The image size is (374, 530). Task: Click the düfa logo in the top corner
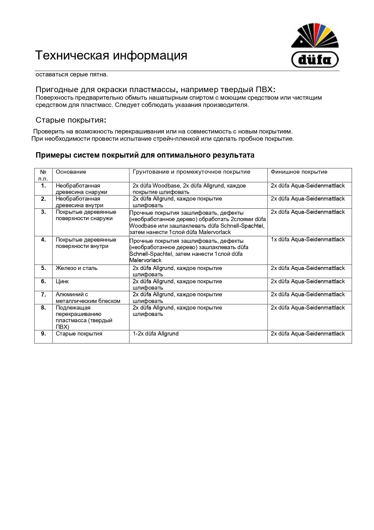(x=315, y=45)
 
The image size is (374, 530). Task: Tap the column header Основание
(x=71, y=172)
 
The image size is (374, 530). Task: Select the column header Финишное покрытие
(x=299, y=172)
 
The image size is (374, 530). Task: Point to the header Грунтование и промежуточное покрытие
(x=192, y=172)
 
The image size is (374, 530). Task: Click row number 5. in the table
(x=43, y=268)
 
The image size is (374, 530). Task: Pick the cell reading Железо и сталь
(x=77, y=268)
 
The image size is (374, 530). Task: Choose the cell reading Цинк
(x=62, y=281)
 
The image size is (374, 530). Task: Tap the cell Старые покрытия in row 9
(x=79, y=334)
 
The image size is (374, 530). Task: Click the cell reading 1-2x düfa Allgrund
(x=156, y=334)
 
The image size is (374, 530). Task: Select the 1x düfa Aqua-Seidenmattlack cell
(x=308, y=239)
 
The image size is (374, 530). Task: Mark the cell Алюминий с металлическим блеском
(x=88, y=298)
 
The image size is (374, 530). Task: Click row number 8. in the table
(x=43, y=308)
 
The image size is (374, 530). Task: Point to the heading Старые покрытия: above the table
(x=71, y=120)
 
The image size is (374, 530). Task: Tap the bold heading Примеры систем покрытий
(x=145, y=155)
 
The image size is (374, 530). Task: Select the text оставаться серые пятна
(x=72, y=75)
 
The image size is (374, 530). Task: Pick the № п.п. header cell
(x=43, y=175)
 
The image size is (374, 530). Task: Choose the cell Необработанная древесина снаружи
(x=81, y=189)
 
